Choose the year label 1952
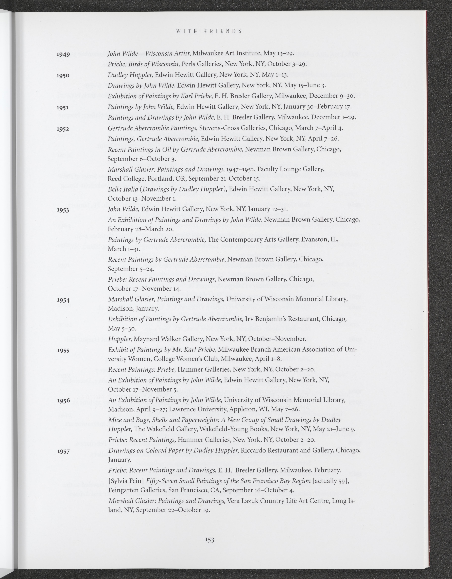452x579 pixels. pos(63,129)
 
